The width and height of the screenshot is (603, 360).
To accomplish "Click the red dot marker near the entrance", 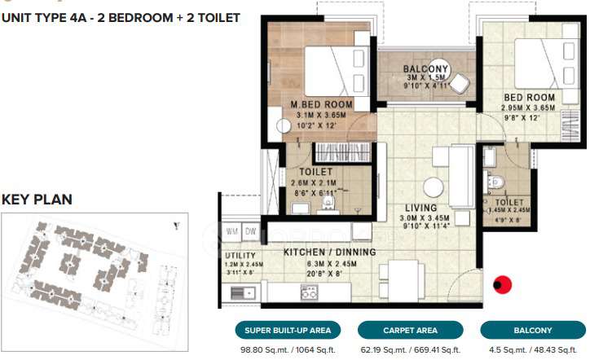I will click(x=504, y=285).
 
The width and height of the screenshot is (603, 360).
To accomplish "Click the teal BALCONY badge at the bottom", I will click(x=532, y=331).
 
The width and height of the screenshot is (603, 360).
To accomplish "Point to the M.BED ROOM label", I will click(x=322, y=105).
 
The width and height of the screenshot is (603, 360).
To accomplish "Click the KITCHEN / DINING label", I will click(x=329, y=252).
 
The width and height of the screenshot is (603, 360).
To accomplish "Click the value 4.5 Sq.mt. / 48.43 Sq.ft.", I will click(x=532, y=350).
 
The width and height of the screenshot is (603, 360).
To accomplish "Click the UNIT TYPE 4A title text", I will click(x=121, y=16).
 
